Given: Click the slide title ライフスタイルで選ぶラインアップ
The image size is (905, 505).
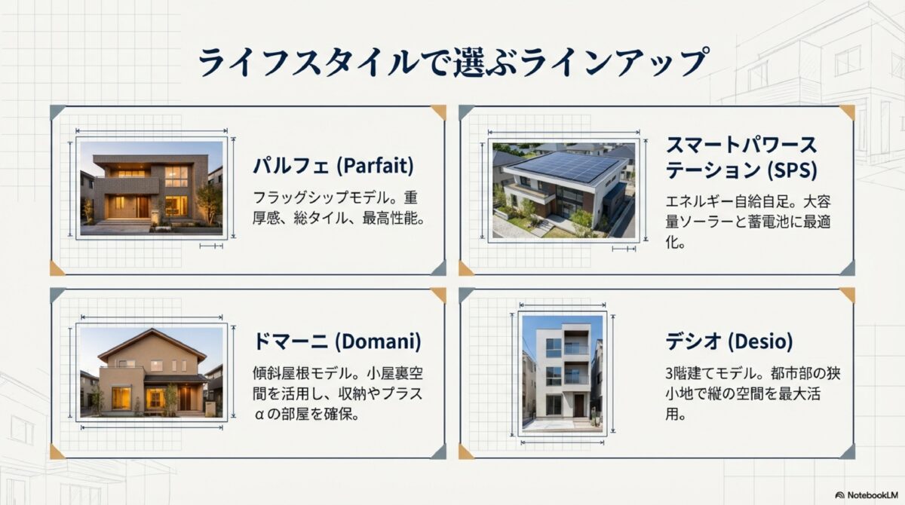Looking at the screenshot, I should pyautogui.click(x=452, y=62).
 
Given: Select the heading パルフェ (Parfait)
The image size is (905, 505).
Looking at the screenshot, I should pyautogui.click(x=333, y=165).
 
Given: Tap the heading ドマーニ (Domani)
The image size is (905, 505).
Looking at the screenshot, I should pyautogui.click(x=336, y=341).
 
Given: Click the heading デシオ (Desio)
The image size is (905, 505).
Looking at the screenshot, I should pyautogui.click(x=729, y=341).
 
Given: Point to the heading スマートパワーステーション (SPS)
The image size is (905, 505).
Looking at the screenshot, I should pyautogui.click(x=741, y=157).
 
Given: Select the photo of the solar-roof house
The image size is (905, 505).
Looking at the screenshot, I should pyautogui.click(x=563, y=189).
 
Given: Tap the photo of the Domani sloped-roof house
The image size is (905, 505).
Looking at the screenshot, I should pyautogui.click(x=152, y=372).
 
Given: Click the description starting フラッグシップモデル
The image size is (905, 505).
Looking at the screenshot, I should pyautogui.click(x=335, y=209).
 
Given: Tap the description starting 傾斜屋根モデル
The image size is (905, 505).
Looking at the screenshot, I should pyautogui.click(x=336, y=394).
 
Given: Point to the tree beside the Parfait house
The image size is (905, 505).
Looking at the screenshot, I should pyautogui.click(x=208, y=202).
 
